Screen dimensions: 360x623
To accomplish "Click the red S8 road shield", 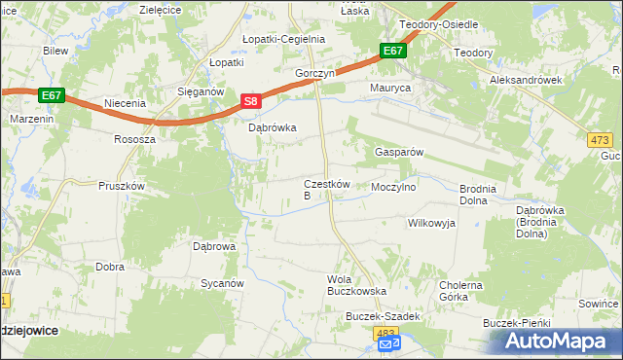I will pyautogui.click(x=251, y=100).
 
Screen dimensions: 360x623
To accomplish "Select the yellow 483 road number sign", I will pyautogui.click(x=385, y=332).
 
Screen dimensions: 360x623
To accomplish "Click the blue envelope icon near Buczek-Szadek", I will pyautogui.click(x=387, y=344).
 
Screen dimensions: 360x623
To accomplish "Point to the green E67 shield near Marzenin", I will pyautogui.click(x=52, y=95).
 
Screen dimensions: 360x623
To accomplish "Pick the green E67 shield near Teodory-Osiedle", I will pyautogui.click(x=392, y=51).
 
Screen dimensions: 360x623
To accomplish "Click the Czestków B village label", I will pyautogui.click(x=319, y=189).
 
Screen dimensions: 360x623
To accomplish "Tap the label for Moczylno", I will pyautogui.click(x=394, y=186).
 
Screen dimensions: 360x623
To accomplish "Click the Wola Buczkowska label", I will pyautogui.click(x=356, y=285).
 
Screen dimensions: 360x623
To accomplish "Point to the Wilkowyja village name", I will pyautogui.click(x=431, y=223).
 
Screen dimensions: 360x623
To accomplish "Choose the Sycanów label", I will pyautogui.click(x=221, y=283).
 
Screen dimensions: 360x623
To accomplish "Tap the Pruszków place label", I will pyautogui.click(x=122, y=185).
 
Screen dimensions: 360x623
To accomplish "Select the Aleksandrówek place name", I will pyautogui.click(x=526, y=80).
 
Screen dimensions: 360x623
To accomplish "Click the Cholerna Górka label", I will pyautogui.click(x=461, y=292).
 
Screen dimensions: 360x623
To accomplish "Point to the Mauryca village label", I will pyautogui.click(x=390, y=88).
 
